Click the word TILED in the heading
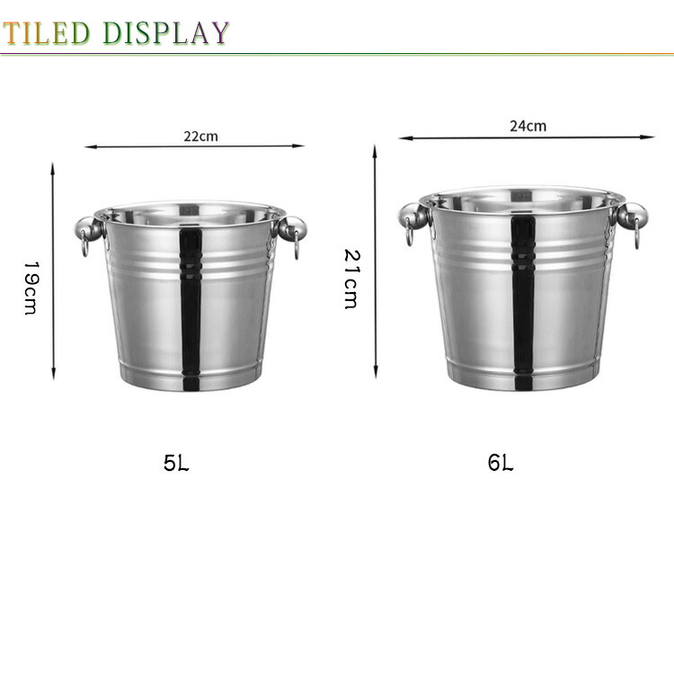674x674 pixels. pos(46,32)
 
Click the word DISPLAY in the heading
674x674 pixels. pos(166,32)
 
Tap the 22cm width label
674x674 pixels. pos(200,137)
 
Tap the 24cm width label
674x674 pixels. pos(528,126)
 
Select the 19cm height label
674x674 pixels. pos(31,288)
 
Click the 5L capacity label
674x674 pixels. pos(176,463)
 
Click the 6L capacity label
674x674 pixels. pos(501,463)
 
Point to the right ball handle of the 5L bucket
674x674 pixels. pos(292,228)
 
